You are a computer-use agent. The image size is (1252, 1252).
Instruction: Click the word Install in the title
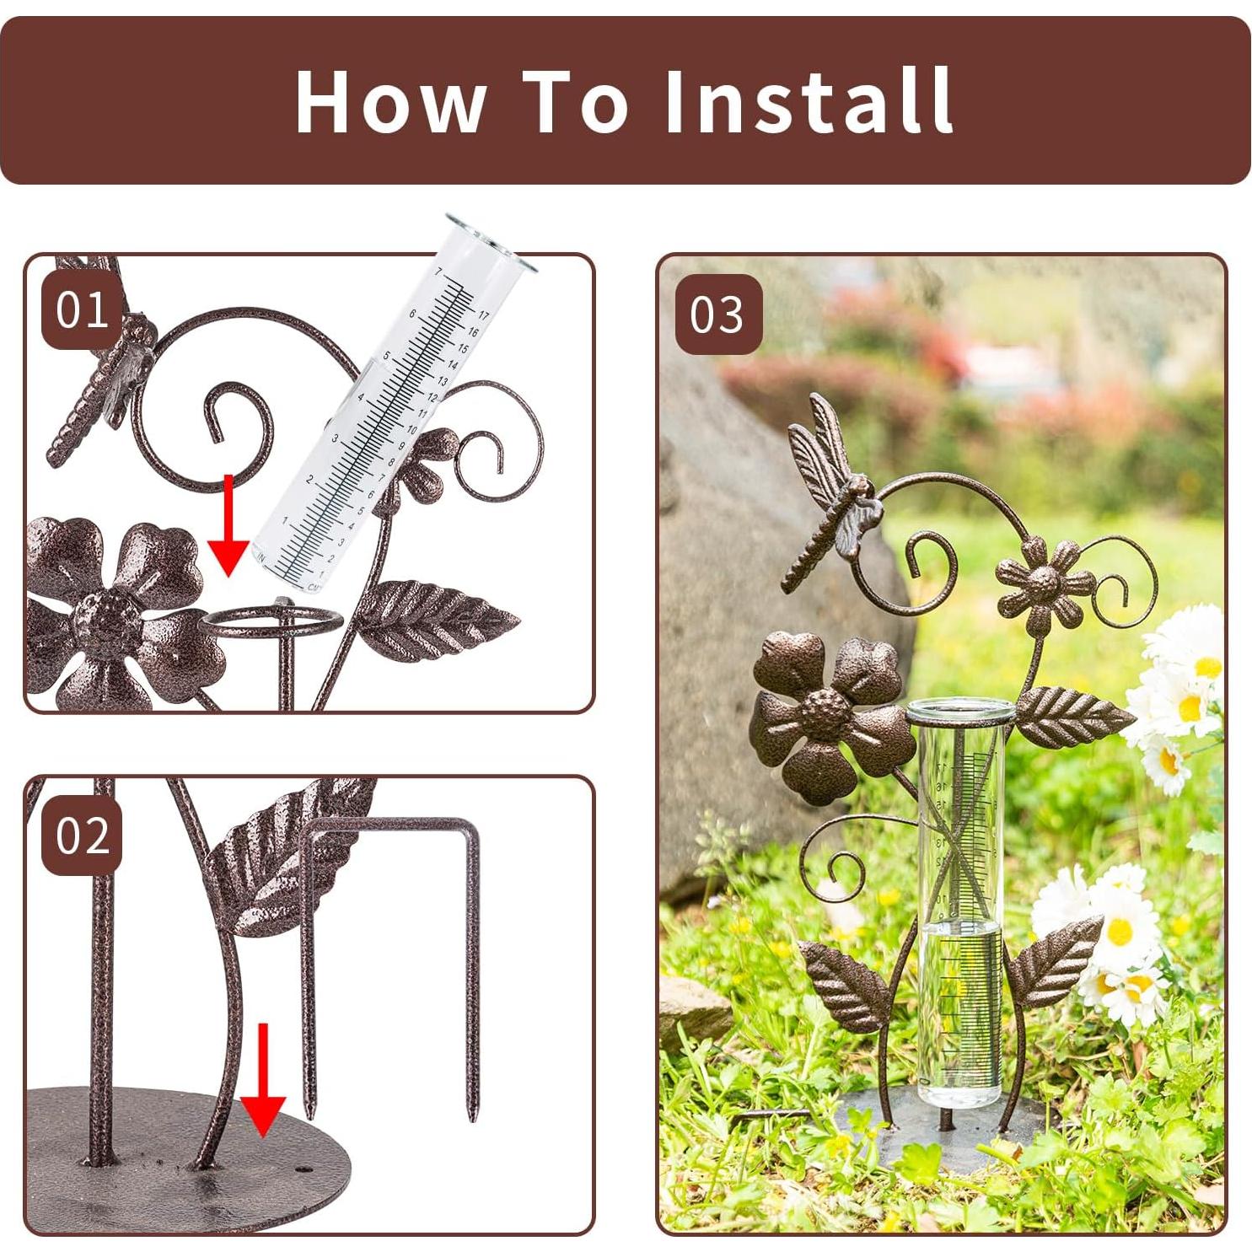click(x=808, y=101)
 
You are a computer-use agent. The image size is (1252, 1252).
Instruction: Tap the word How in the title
click(x=390, y=101)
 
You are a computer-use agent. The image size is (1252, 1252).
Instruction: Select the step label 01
click(x=82, y=310)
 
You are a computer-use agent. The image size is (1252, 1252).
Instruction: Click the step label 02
click(x=82, y=835)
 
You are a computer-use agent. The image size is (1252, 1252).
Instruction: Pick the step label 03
click(x=717, y=314)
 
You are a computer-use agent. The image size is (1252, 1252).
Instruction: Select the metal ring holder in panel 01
click(x=271, y=623)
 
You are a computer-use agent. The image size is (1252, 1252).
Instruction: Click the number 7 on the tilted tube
click(x=438, y=272)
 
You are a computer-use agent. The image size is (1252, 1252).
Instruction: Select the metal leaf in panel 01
click(x=434, y=620)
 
